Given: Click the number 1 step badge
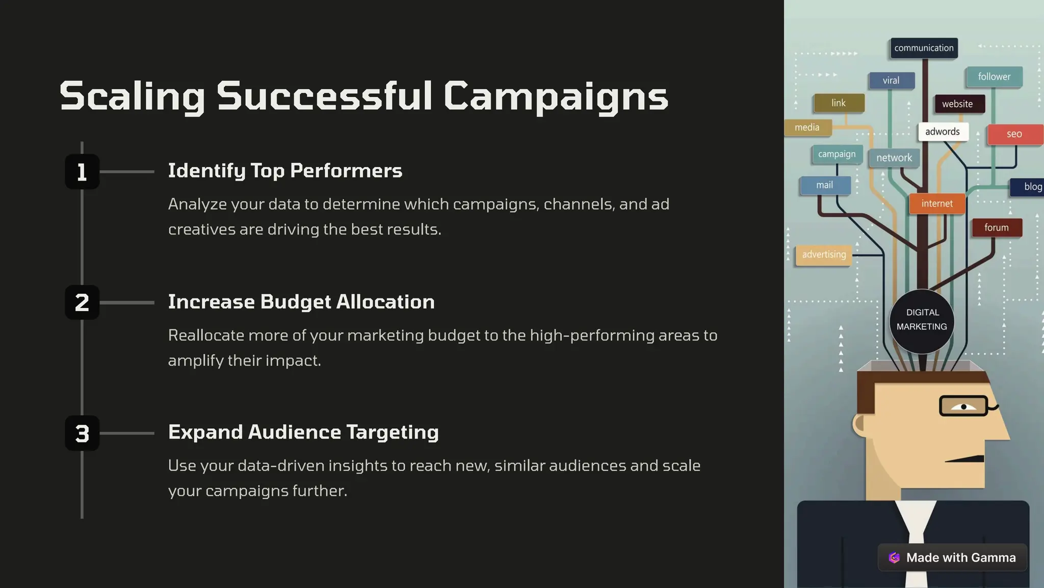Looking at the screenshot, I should (x=82, y=172).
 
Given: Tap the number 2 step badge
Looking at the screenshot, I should (x=82, y=302).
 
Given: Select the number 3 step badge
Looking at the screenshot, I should (x=82, y=433).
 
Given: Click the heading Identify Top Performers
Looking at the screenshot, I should (x=285, y=171).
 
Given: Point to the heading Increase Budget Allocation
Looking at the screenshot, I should (x=301, y=302).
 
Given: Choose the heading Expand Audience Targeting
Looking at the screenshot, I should (x=303, y=432).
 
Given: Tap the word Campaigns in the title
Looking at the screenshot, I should (x=556, y=96).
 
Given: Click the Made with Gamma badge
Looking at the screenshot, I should (x=952, y=557).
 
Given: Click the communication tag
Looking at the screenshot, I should (x=924, y=48).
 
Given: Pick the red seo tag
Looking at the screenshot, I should (x=1014, y=134).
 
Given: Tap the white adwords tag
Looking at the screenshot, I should (x=943, y=132).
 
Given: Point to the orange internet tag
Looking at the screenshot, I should (x=937, y=203).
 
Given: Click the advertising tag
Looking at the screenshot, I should (x=824, y=254).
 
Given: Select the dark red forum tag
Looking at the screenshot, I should (x=996, y=227).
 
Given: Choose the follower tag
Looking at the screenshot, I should (x=994, y=76).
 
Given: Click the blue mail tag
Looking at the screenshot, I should (x=825, y=185).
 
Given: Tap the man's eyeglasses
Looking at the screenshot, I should (x=963, y=406).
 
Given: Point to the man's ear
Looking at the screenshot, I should (x=860, y=424).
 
